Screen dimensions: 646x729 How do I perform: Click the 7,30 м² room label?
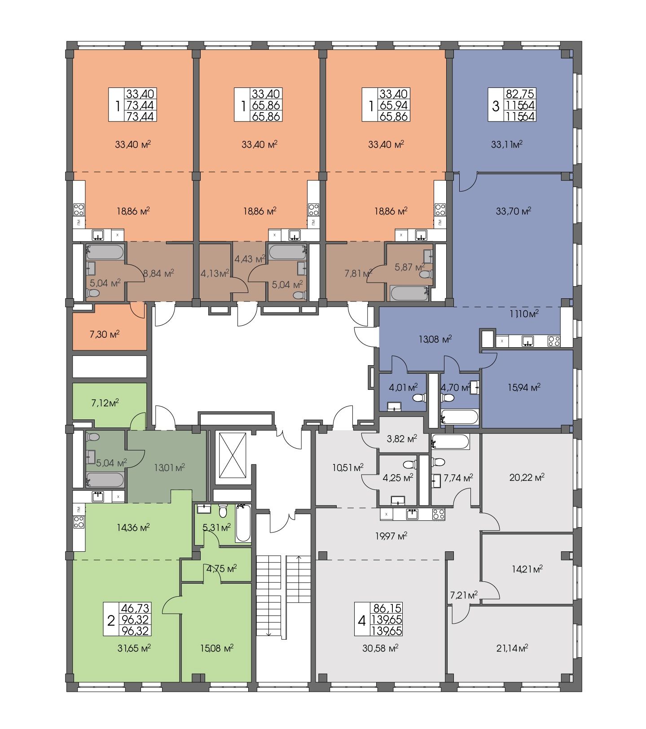[x=105, y=334]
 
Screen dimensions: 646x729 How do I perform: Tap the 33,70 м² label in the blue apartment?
[x=514, y=210]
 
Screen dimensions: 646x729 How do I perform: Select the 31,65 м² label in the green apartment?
[x=133, y=648]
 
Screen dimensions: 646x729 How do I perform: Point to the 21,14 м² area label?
[x=512, y=648]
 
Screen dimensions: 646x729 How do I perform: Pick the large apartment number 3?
[x=496, y=106]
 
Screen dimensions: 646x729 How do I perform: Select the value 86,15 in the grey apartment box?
[x=387, y=609]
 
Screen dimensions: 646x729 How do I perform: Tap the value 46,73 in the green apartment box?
[x=135, y=609]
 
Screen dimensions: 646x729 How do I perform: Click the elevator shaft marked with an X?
[x=232, y=457]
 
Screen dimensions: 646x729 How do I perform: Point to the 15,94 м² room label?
[x=524, y=387]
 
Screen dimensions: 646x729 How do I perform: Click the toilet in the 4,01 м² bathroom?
[x=419, y=397]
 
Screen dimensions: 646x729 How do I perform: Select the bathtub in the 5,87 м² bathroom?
[x=408, y=294]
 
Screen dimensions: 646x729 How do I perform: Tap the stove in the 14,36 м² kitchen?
[x=79, y=522]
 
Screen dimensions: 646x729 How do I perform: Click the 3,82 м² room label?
[x=402, y=438]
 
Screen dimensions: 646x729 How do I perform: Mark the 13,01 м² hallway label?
[x=169, y=467]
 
